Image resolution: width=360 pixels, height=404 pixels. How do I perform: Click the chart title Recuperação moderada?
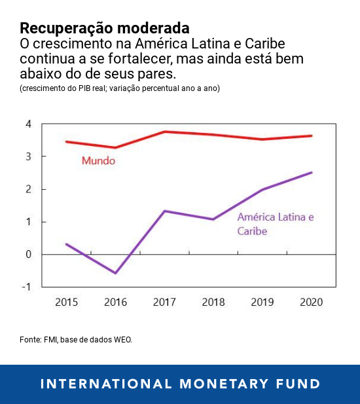click(105, 28)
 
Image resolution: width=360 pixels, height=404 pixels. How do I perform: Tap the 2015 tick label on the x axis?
click(67, 302)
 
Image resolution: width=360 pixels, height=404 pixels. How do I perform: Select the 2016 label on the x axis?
click(115, 302)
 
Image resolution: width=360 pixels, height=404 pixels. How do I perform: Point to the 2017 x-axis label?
click(164, 302)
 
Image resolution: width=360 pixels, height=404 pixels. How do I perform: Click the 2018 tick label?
click(213, 302)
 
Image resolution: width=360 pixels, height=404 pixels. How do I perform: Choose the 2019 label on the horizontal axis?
click(262, 302)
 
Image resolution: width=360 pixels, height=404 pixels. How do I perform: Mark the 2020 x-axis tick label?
click(310, 302)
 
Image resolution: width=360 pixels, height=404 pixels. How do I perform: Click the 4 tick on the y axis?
click(28, 124)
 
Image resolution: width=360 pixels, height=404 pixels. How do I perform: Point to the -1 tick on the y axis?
click(27, 287)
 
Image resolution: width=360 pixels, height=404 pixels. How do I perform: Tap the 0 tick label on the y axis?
click(28, 254)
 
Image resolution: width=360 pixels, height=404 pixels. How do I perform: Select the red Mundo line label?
click(98, 160)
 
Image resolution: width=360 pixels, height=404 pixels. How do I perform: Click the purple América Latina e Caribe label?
click(276, 223)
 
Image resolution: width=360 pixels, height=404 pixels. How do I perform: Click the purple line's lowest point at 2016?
click(116, 273)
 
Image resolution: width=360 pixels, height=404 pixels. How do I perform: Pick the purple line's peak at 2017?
click(164, 211)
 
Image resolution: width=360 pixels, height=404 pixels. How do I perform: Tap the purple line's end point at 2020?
click(312, 173)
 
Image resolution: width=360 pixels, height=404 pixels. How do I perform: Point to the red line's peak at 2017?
click(164, 132)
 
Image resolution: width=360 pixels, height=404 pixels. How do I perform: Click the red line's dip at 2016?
click(116, 148)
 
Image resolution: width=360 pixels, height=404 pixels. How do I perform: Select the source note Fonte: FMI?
click(76, 340)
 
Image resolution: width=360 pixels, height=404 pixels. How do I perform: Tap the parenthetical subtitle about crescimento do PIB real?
click(120, 88)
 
